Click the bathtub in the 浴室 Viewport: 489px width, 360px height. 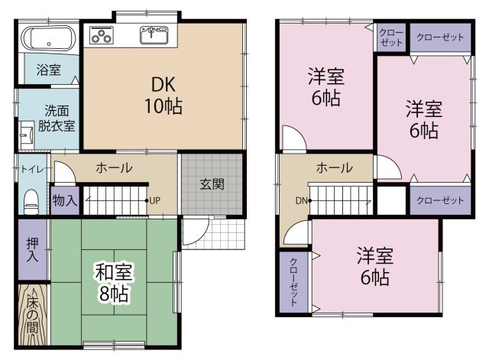pos(48,38)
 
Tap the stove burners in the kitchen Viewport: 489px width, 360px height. pos(102,34)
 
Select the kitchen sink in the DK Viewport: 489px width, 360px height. pos(154,34)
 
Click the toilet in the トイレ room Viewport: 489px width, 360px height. pos(31,201)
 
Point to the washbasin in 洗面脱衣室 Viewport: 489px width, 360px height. pos(27,135)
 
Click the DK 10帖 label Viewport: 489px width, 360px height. pos(164,95)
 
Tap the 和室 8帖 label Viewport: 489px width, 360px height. pos(114,283)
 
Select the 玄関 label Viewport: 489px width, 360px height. pos(212,184)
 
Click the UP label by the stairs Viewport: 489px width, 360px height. pos(154,200)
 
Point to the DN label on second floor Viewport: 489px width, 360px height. pos(302,200)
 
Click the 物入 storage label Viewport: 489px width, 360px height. pos(65,200)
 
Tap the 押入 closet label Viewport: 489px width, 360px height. pos(32,250)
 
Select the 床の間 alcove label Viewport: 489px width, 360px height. pos(32,315)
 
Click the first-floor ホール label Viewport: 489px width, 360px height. pos(114,168)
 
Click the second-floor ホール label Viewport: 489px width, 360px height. pos(335,168)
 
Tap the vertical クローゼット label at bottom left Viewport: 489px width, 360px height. pos(293,282)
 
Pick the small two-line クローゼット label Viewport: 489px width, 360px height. pos(391,37)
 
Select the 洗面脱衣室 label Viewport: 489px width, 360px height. pos(57,118)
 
